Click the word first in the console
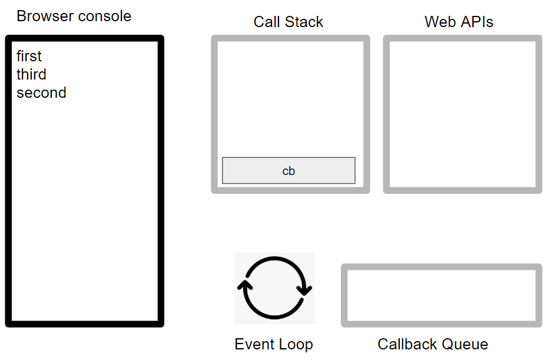(x=29, y=57)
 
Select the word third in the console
(x=31, y=75)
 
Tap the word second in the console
(x=41, y=93)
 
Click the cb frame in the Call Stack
(x=289, y=171)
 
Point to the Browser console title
(x=74, y=16)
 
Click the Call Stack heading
(x=289, y=22)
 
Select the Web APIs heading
(x=459, y=22)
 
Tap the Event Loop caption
(x=274, y=345)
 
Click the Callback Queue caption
(x=433, y=345)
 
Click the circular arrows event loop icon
(x=274, y=288)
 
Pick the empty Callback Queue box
(x=442, y=295)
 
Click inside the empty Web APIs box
(x=462, y=114)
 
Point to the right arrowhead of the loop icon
(x=306, y=289)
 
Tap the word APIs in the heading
(x=477, y=22)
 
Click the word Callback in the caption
(x=407, y=345)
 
